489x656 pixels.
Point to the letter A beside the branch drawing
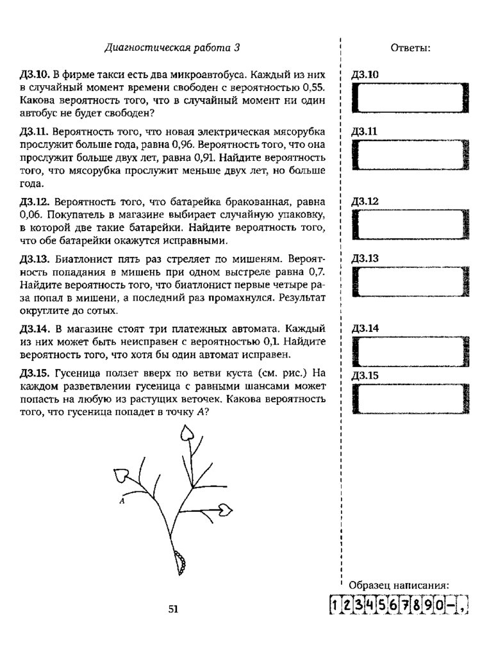[x=121, y=502]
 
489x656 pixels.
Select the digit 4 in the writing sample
[x=371, y=605]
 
